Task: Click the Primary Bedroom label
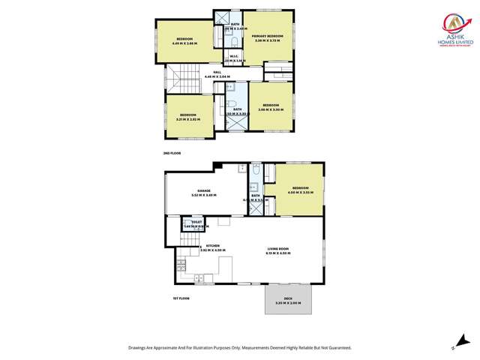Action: point(266,35)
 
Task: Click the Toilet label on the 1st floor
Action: point(196,222)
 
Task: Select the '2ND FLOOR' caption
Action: point(172,153)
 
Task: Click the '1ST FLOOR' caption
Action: point(181,298)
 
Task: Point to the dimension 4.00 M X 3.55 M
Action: point(300,192)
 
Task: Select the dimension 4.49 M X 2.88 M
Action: point(184,43)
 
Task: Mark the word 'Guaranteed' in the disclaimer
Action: point(336,348)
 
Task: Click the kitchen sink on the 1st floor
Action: point(201,278)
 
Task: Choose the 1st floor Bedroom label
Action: point(300,187)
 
